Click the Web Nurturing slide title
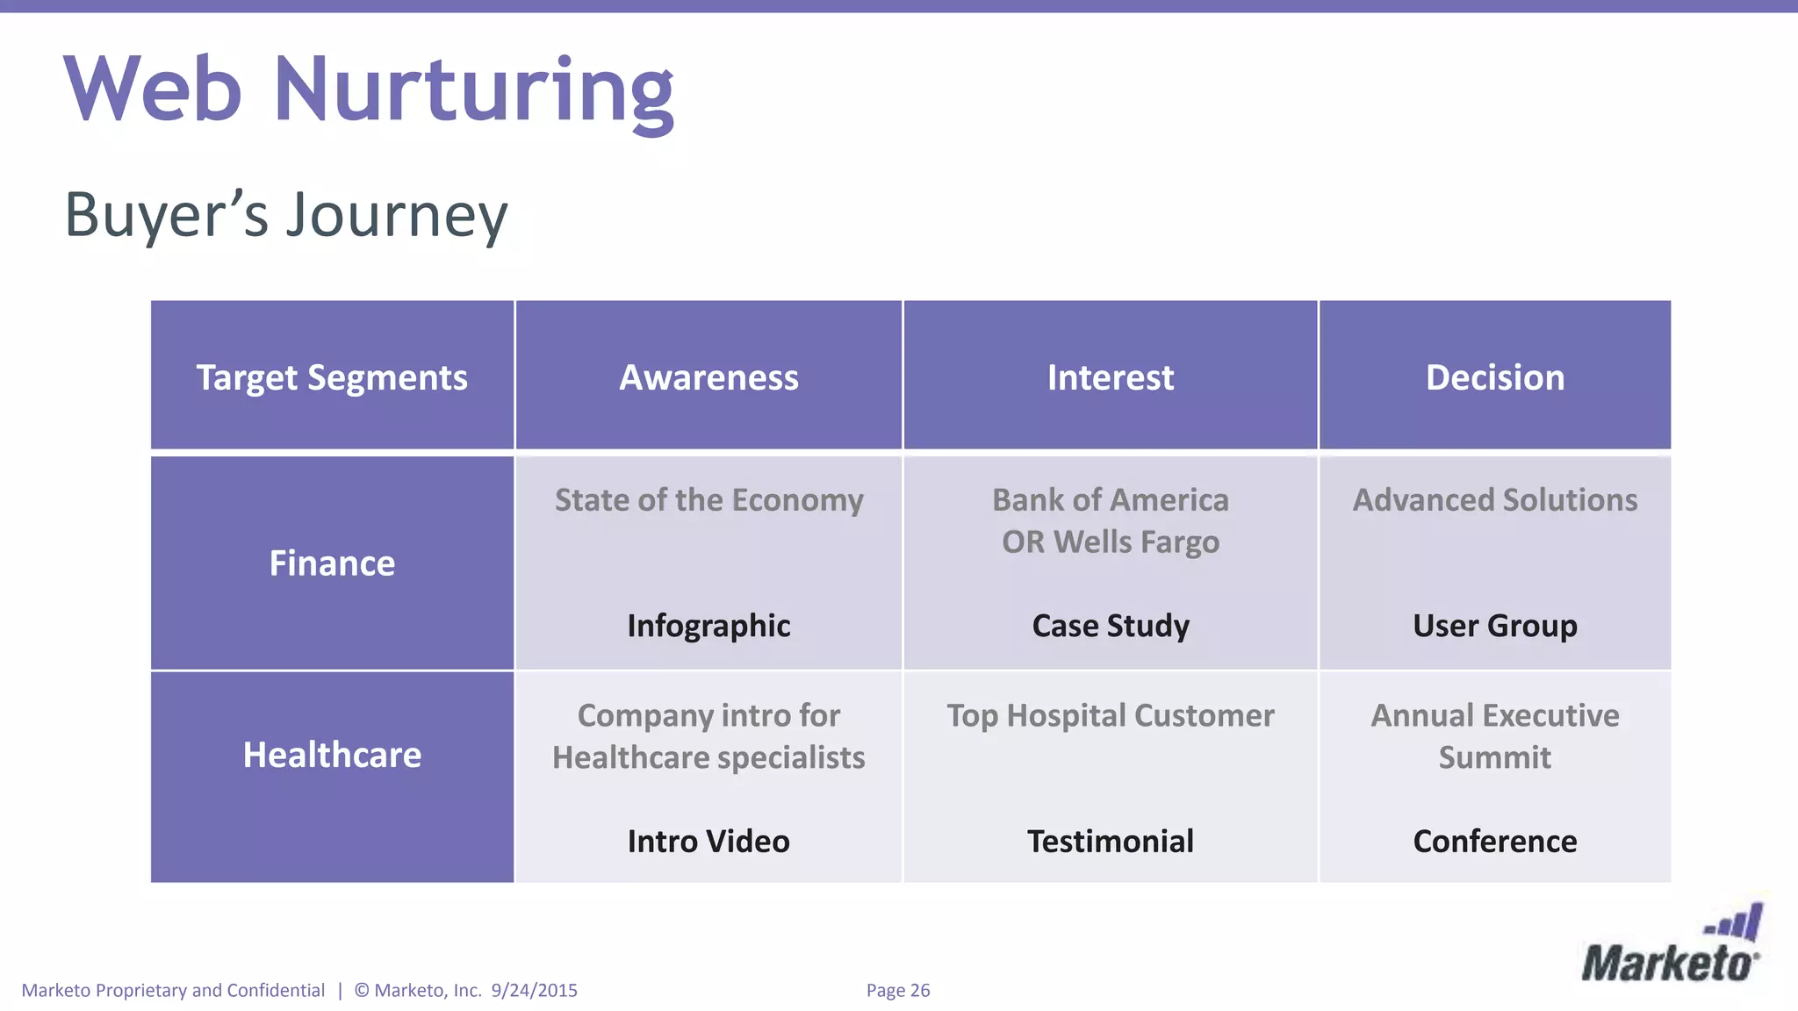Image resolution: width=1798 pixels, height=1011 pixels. [x=369, y=90]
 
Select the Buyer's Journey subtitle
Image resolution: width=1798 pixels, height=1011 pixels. [x=286, y=215]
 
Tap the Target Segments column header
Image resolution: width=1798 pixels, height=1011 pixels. [x=332, y=377]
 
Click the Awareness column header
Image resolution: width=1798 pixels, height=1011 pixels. [x=708, y=377]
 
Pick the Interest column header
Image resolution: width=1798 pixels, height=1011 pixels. [x=1110, y=377]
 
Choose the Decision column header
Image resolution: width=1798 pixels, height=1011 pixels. [x=1494, y=377]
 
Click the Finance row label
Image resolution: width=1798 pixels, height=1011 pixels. [x=332, y=563]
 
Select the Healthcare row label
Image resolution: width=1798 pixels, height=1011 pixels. [x=332, y=755]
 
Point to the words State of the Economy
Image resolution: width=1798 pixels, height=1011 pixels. [x=708, y=500]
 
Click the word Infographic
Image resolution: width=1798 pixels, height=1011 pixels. [x=708, y=626]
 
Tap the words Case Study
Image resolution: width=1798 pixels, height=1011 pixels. [x=1110, y=626]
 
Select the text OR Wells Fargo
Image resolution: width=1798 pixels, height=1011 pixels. [x=1110, y=542]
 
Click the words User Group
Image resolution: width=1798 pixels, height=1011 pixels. [x=1494, y=626]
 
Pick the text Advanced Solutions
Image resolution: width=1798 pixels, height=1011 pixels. [x=1494, y=500]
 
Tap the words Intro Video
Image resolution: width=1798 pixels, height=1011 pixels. [x=708, y=841]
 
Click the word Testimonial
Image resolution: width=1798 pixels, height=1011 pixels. [x=1110, y=841]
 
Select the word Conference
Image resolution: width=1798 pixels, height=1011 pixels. [x=1494, y=841]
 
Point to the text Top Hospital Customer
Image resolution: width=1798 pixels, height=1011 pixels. [x=1110, y=716]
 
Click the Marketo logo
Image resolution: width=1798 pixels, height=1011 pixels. [x=1671, y=948]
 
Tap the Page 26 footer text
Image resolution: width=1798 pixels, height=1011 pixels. [x=897, y=990]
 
